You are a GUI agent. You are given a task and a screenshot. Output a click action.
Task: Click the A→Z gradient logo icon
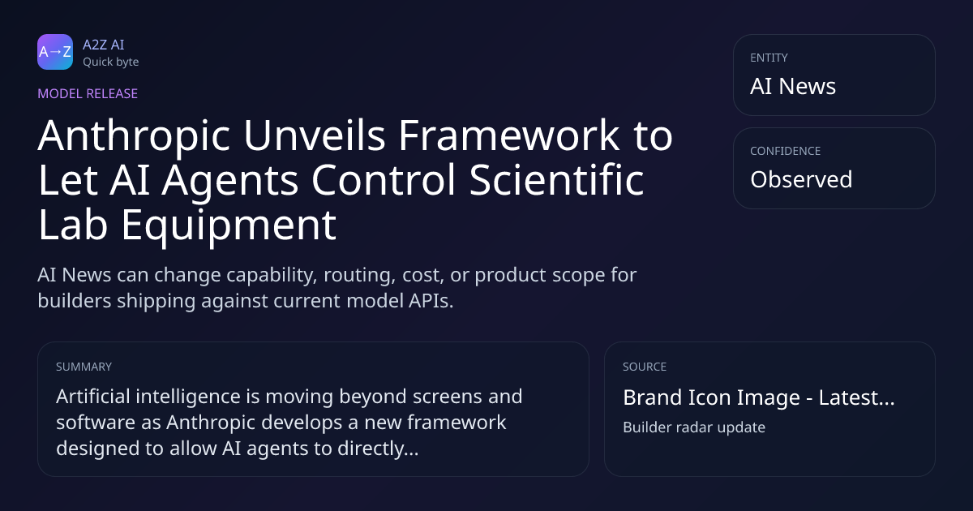55,52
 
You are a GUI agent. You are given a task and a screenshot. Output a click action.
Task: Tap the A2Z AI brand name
104,45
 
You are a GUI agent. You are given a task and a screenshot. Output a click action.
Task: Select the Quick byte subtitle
111,62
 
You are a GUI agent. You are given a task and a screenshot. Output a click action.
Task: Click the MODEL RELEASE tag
88,93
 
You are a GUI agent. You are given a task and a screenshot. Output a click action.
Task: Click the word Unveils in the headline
315,135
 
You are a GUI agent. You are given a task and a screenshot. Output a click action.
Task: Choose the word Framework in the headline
509,135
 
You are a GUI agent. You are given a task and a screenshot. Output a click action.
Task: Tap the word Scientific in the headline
557,179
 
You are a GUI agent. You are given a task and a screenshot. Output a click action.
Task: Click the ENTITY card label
769,58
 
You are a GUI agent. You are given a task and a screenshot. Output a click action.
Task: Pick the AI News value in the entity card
793,86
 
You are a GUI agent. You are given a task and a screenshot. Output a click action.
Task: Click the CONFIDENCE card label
786,151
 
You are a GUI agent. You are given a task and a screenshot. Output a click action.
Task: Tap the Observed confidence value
801,179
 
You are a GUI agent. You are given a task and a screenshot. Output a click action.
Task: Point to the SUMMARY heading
84,367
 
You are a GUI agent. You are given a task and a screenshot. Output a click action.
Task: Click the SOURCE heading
645,367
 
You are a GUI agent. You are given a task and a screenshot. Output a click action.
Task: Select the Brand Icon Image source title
759,397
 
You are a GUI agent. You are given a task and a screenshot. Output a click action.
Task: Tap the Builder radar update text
694,427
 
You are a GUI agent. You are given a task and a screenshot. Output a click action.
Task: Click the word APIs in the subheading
431,301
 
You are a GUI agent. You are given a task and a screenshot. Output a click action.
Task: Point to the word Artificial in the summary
93,397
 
